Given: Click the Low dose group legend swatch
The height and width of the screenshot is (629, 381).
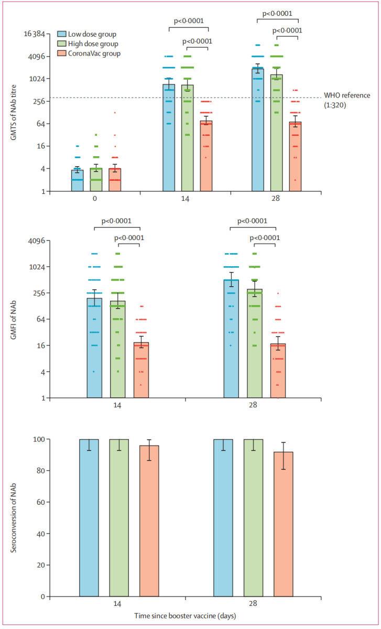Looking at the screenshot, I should tap(61, 35).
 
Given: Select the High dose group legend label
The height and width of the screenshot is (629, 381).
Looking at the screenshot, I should tap(93, 44).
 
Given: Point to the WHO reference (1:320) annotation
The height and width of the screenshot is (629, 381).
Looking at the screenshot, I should tap(347, 100).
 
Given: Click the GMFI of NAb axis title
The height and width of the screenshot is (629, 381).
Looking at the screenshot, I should tap(15, 319).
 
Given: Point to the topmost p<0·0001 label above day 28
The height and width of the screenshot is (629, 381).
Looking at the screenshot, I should tap(277, 13).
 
